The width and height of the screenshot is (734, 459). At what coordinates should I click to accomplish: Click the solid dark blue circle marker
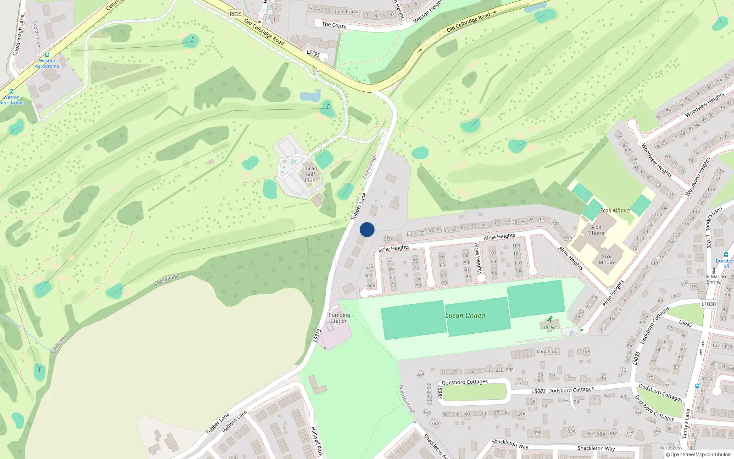[367, 229]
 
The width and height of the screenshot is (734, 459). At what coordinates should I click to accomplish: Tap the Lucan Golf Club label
[310, 174]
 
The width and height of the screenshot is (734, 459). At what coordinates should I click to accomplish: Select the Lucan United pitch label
[465, 316]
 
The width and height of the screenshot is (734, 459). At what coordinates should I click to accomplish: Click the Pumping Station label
[339, 318]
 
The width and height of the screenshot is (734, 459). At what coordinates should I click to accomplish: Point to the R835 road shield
[235, 14]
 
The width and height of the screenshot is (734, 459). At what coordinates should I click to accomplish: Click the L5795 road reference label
[313, 53]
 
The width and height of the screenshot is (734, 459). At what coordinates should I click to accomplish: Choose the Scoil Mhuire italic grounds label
[615, 211]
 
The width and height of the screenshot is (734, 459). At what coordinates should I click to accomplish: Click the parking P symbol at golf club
[294, 162]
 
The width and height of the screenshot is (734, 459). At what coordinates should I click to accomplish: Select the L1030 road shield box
[708, 304]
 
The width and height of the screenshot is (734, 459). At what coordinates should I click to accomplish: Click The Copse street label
[334, 25]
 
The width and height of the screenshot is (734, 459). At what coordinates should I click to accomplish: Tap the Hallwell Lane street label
[234, 421]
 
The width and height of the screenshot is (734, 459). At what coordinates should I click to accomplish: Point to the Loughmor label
[548, 352]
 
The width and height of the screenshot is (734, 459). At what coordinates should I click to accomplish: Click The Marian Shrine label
[713, 279]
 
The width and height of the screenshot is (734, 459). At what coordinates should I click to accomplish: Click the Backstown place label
[59, 345]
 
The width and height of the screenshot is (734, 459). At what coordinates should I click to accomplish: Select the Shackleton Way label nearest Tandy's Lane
[596, 448]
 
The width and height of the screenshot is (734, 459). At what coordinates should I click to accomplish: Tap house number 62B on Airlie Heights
[388, 239]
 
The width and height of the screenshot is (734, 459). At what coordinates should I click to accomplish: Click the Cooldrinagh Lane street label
[18, 35]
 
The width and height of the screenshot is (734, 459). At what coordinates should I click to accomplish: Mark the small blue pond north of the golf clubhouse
[310, 96]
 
